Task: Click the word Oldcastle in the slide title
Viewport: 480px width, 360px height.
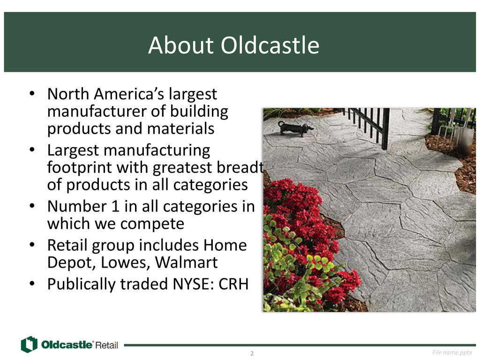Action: point(270,45)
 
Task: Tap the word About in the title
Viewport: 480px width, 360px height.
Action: point(180,45)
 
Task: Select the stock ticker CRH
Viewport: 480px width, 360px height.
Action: point(233,284)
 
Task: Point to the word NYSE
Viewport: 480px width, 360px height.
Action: point(193,284)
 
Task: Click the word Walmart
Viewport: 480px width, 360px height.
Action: point(186,262)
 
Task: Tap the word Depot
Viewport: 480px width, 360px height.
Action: point(72,263)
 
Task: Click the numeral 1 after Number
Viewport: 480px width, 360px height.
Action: point(115,206)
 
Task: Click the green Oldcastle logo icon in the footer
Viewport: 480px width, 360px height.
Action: point(29,345)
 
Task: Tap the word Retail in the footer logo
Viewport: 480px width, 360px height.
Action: point(106,345)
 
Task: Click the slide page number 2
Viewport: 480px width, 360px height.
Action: point(252,353)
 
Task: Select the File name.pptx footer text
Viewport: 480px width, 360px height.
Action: point(452,352)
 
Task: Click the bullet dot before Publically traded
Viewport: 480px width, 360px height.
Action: point(32,284)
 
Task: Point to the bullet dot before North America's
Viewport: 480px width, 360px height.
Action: point(32,93)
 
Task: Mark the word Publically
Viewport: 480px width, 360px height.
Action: point(81,285)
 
